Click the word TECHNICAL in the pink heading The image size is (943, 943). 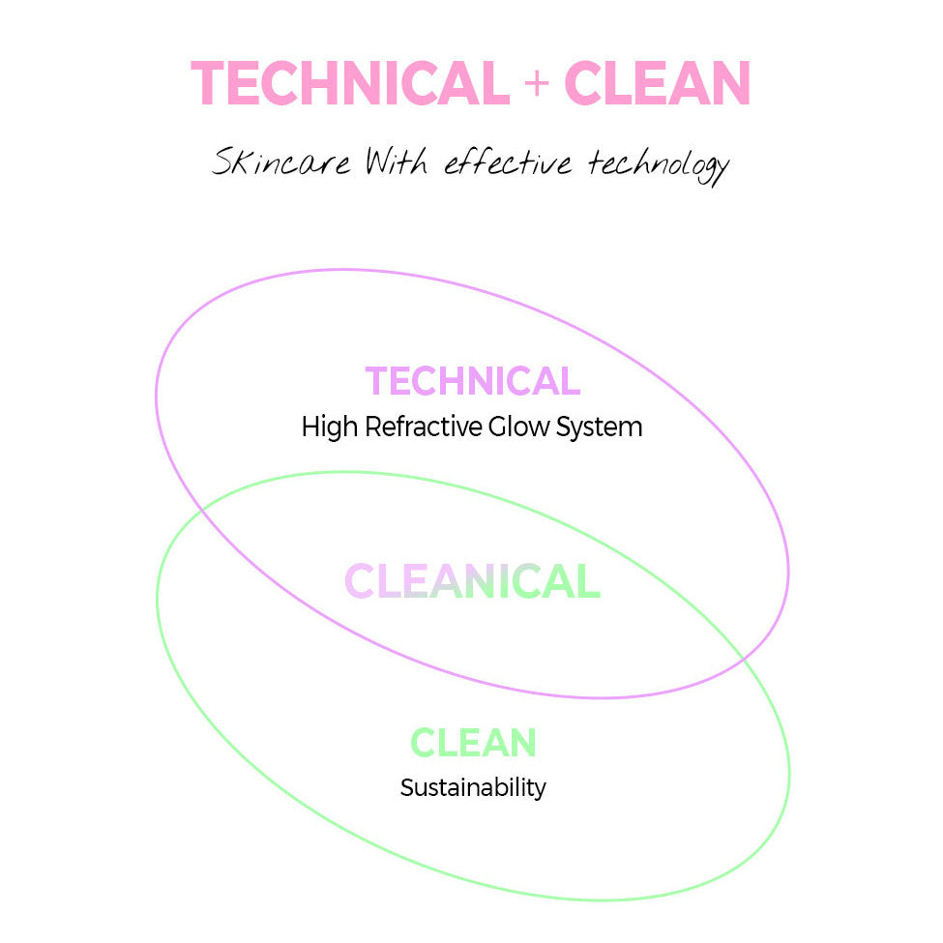click(350, 84)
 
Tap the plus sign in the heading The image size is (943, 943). click(536, 84)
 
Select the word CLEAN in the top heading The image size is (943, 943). click(657, 84)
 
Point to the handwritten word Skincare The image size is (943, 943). click(280, 162)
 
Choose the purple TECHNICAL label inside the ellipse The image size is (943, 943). click(472, 381)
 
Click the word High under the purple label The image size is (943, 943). click(330, 427)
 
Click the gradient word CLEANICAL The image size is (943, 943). click(472, 582)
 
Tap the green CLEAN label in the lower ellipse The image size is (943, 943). click(473, 743)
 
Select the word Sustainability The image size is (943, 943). click(473, 787)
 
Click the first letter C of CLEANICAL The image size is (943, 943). click(360, 582)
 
